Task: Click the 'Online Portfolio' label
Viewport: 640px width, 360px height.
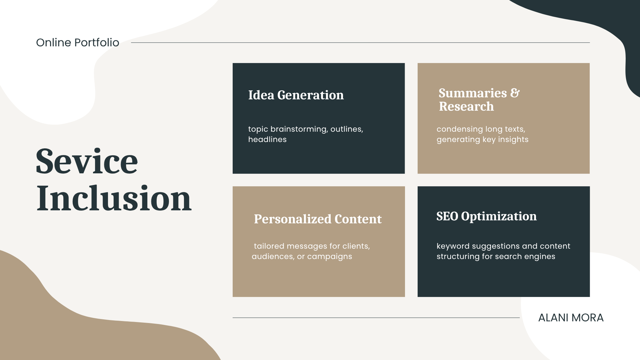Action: tap(78, 43)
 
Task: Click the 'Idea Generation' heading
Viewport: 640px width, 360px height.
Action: tap(296, 95)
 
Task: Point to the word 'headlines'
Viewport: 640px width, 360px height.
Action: tap(267, 139)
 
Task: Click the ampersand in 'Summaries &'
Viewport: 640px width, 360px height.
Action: tap(515, 93)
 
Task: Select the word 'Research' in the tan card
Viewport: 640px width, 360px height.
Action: tap(466, 106)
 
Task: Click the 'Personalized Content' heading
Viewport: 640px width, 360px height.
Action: tap(318, 219)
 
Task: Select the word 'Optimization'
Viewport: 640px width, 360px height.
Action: tap(499, 217)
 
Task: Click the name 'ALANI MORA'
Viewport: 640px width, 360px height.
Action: tap(571, 318)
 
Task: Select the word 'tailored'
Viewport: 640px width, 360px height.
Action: tap(269, 246)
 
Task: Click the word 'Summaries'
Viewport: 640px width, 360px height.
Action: tap(473, 93)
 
